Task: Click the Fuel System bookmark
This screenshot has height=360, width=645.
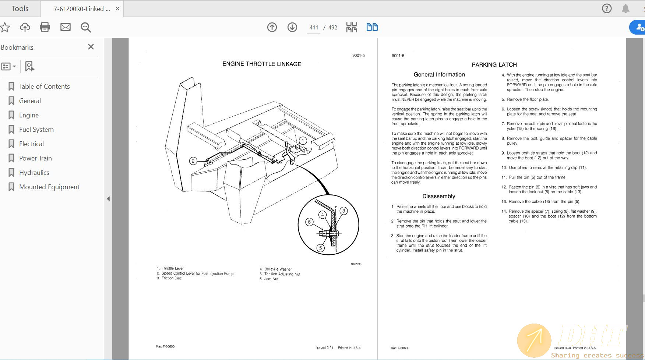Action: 36,130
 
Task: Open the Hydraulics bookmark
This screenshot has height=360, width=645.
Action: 34,173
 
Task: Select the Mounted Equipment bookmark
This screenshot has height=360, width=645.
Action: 49,187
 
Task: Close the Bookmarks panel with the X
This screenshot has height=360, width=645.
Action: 91,47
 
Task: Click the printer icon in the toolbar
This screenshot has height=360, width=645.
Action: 45,27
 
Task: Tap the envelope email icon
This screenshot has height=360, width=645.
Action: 66,27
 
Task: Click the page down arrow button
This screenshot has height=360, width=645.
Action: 292,27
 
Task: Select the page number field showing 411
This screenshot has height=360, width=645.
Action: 314,28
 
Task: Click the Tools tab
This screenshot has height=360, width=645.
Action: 20,8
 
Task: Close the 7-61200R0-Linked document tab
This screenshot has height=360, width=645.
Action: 117,8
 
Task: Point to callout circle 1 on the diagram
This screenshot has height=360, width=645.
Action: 303,141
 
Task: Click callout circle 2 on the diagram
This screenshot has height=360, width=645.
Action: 193,161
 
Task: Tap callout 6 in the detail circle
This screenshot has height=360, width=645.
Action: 309,222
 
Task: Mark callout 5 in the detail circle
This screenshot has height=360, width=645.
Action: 320,248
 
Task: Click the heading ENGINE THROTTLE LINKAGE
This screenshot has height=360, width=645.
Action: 262,64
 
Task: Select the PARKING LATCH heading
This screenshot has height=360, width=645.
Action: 494,65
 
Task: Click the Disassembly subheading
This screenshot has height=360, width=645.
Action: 438,196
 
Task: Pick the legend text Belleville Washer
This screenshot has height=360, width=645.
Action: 278,269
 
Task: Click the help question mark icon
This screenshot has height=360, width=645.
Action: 607,8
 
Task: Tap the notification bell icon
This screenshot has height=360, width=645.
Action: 625,8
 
